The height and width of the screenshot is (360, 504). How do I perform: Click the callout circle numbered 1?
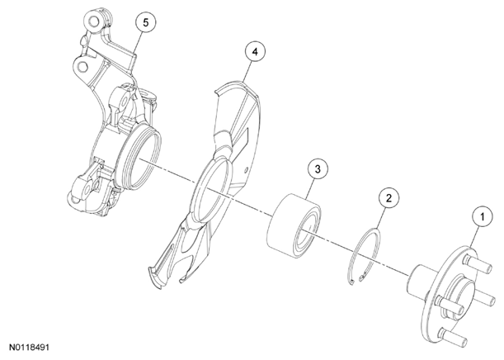click(x=483, y=216)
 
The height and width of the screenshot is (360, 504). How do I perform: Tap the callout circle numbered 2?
click(x=389, y=198)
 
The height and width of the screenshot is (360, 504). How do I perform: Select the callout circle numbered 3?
click(x=318, y=169)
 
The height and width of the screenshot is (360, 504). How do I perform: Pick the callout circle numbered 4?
click(x=255, y=52)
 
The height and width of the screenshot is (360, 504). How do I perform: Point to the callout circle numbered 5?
click(x=146, y=22)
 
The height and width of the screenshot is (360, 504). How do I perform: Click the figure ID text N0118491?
click(x=29, y=348)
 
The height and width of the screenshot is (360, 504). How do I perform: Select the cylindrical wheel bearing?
click(x=294, y=221)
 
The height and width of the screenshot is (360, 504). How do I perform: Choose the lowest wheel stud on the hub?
click(x=454, y=335)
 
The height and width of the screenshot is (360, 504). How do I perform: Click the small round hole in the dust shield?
click(x=246, y=169)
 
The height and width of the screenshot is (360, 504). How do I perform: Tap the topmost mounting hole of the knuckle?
click(x=93, y=21)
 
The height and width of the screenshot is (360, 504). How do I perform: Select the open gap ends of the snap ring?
click(x=357, y=278)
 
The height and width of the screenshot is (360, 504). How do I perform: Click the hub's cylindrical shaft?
click(x=420, y=281)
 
